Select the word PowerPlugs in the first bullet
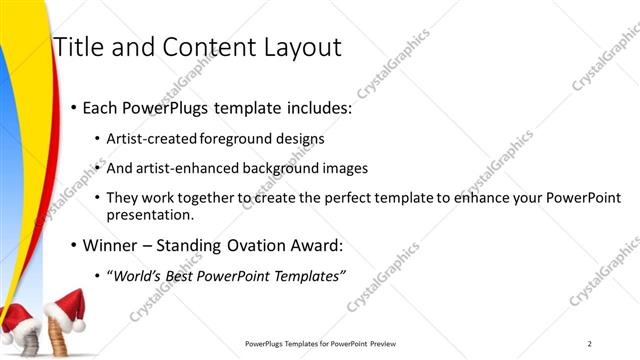pyautogui.click(x=162, y=108)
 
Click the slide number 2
pyautogui.click(x=590, y=344)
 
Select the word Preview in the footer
pyautogui.click(x=390, y=344)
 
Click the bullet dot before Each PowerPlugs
pyautogui.click(x=72, y=108)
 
